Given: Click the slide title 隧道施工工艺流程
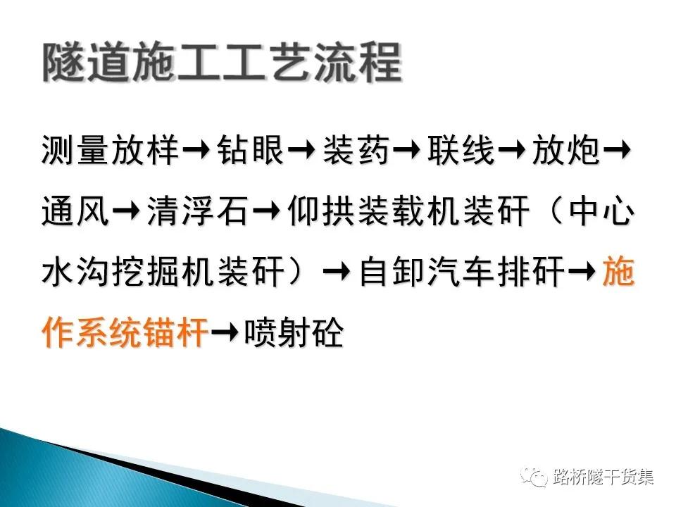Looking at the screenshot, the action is pos(222,63).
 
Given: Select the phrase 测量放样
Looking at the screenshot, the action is pos(111,150).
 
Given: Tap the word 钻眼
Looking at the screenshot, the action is pos(250,150).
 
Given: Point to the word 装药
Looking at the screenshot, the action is pos(356,150).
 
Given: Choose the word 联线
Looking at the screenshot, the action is pos(461,150).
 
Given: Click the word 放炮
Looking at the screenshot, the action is pos(566,150).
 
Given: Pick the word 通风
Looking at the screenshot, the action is pos(75,211).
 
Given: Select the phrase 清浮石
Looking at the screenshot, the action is pos(198,211).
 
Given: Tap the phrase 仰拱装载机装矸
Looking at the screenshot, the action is pos(408,211).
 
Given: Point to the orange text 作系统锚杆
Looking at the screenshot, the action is pos(125,332).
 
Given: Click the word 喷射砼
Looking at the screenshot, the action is pos(294,332).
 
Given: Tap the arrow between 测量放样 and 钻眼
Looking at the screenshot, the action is pos(197,151).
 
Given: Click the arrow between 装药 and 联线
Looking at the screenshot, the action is pos(408,151).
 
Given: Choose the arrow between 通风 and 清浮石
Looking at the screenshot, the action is pos(127,212).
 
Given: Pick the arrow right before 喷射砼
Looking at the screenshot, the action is pos(225,333).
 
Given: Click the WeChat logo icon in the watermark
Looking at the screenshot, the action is pos(534,477).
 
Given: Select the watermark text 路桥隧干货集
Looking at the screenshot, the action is pos(603,477).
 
